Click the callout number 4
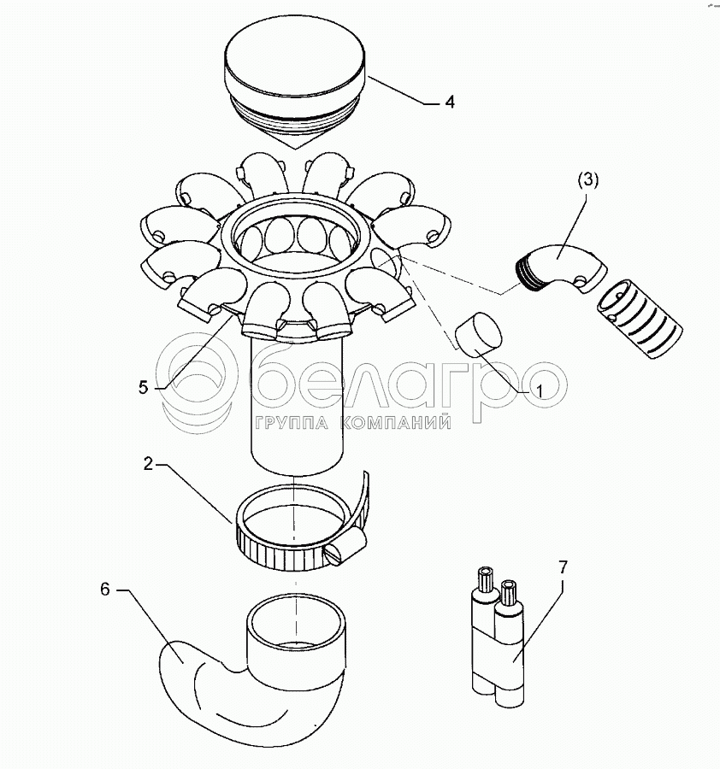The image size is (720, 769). (x=449, y=102)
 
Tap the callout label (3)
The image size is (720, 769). (x=588, y=180)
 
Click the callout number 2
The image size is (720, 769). (x=148, y=463)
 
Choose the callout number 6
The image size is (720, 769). (x=105, y=589)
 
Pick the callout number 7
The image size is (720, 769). (x=563, y=567)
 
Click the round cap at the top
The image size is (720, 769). (x=294, y=85)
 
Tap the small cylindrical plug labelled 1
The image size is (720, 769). (x=479, y=334)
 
